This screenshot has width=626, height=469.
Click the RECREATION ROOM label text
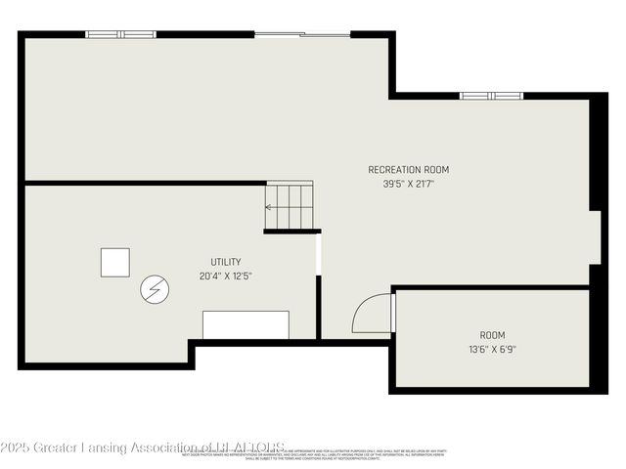[408, 169]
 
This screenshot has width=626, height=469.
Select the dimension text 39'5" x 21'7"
[408, 183]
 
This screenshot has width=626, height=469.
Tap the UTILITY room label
[226, 262]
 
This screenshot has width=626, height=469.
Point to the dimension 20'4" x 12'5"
[226, 276]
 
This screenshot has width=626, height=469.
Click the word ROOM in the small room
[492, 335]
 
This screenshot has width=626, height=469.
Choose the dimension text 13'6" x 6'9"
[492, 349]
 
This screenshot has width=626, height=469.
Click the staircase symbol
[290, 206]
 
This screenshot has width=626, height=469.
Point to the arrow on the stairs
[270, 207]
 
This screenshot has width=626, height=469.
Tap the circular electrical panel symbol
[155, 289]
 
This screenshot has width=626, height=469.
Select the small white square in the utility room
[114, 262]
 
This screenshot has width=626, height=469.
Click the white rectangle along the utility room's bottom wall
[246, 324]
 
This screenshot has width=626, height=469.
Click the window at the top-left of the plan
[120, 34]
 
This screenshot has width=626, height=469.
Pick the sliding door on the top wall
[302, 35]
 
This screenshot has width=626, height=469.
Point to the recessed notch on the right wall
[597, 235]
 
